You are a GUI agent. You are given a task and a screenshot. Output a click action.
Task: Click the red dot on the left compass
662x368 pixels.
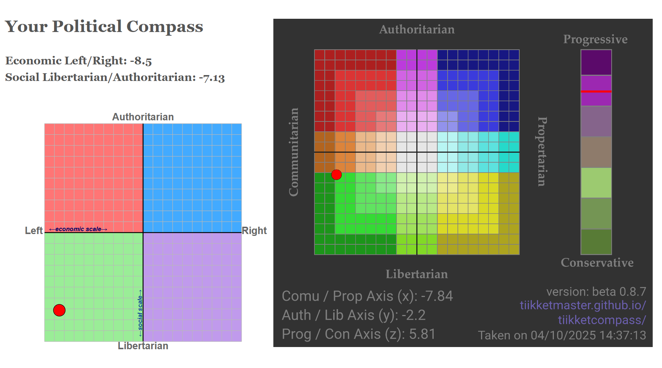click(59, 310)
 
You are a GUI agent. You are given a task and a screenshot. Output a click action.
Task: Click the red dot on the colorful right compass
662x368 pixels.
click(337, 175)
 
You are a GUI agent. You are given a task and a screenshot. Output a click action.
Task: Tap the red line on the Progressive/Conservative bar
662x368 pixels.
click(596, 91)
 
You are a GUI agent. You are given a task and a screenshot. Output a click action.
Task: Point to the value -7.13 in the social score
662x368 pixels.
click(211, 78)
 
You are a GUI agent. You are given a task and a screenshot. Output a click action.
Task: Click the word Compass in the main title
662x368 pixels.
click(164, 27)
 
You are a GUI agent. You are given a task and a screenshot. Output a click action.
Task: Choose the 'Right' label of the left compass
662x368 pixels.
click(254, 231)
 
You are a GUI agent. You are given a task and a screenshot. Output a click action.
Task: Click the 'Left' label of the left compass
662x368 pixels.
click(34, 231)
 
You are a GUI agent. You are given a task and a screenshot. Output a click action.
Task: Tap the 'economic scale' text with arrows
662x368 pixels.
click(78, 229)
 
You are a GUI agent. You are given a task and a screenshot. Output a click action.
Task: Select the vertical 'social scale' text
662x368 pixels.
click(140, 313)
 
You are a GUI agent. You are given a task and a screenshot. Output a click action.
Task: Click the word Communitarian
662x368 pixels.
click(293, 152)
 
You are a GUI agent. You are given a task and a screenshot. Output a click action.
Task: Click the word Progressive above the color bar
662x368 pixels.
click(595, 39)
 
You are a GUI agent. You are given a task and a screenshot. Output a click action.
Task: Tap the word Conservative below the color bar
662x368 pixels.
click(597, 263)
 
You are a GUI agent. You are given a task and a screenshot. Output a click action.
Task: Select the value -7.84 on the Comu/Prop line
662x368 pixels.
click(437, 296)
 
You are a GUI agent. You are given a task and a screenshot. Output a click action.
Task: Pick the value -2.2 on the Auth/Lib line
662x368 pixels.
click(413, 315)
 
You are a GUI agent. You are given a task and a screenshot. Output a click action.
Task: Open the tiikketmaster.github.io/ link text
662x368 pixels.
click(583, 305)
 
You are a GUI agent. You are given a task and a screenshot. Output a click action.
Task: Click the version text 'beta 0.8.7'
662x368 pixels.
click(619, 292)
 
